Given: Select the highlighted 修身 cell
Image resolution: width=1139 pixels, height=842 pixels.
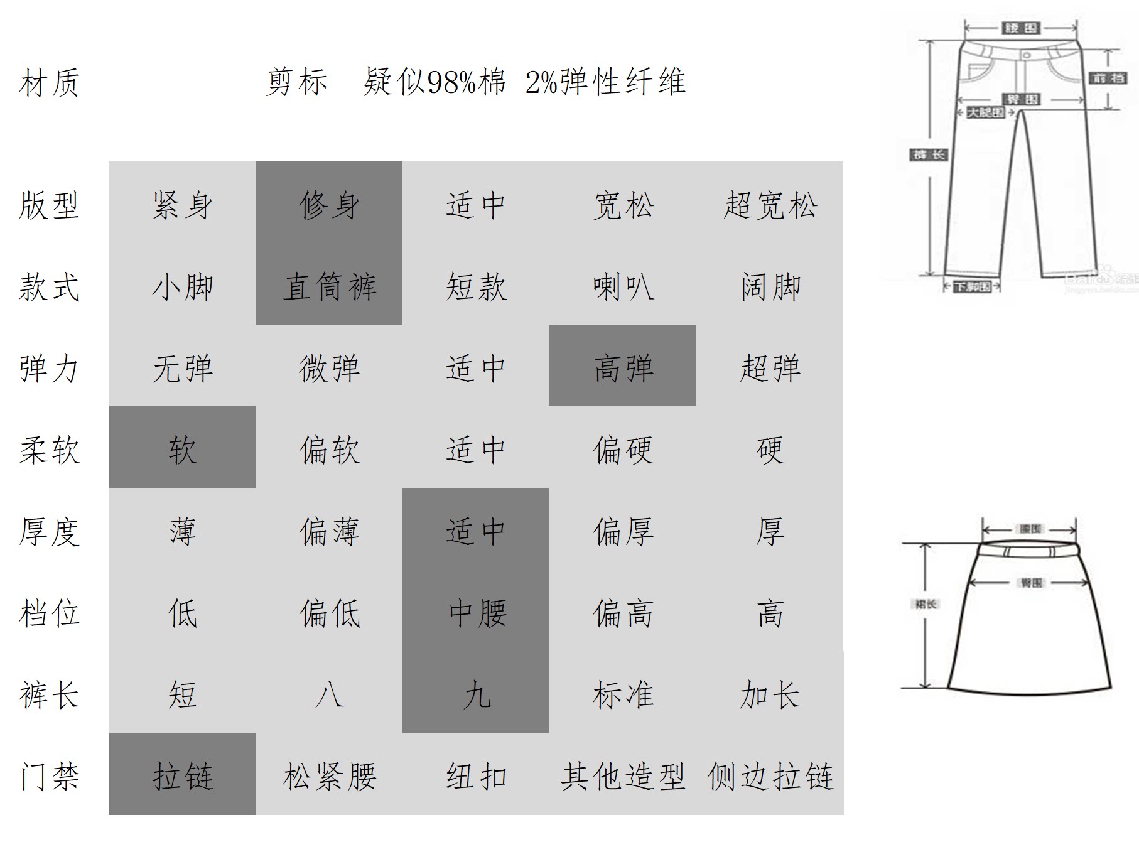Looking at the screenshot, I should click(x=329, y=205).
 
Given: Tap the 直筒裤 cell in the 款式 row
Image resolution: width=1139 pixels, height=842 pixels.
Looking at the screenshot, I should click(x=329, y=287).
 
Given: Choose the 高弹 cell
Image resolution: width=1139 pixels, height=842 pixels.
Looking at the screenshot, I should click(x=623, y=368).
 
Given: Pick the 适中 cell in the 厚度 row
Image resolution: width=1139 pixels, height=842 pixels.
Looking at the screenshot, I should click(x=476, y=531).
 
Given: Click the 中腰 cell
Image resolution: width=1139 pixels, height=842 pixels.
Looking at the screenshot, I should click(x=476, y=613).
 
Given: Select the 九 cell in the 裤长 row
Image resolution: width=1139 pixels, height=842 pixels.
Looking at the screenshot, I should click(x=476, y=694).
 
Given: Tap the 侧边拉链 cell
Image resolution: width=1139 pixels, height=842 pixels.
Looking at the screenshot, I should click(x=770, y=776).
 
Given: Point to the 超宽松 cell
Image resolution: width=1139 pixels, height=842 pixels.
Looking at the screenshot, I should click(x=770, y=205).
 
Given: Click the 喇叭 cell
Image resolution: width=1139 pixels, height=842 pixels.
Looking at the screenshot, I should click(x=623, y=287).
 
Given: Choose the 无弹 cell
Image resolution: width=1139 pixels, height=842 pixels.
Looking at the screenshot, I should click(x=182, y=368).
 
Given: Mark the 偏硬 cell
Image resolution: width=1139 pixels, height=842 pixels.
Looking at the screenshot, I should click(x=623, y=450).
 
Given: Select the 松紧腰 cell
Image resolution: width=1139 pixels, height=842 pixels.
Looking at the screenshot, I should click(x=329, y=776).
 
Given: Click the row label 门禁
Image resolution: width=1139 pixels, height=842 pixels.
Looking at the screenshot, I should click(x=49, y=776).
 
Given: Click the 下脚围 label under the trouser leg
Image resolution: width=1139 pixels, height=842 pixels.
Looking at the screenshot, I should click(x=973, y=287).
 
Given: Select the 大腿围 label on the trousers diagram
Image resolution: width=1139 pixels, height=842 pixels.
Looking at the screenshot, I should click(x=985, y=112).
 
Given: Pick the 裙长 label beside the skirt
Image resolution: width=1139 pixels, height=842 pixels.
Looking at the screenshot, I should click(x=926, y=604).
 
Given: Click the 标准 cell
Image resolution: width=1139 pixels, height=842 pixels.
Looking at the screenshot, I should click(x=623, y=694).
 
